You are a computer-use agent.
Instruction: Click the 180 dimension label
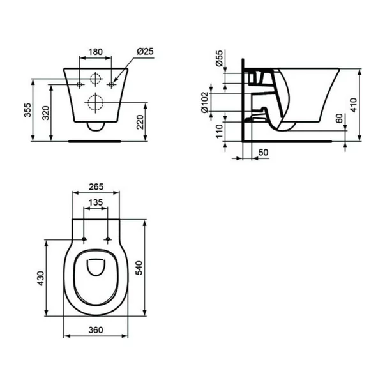(x=95, y=51)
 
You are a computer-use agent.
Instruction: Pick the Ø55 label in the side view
(x=219, y=60)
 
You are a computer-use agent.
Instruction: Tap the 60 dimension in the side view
(x=338, y=119)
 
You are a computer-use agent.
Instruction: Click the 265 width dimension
(x=95, y=188)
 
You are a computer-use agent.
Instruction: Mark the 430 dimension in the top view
(x=40, y=278)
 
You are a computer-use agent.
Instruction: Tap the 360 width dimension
(x=95, y=330)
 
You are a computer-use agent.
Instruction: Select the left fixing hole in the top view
(x=83, y=240)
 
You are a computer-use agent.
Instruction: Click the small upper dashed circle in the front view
(x=95, y=80)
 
